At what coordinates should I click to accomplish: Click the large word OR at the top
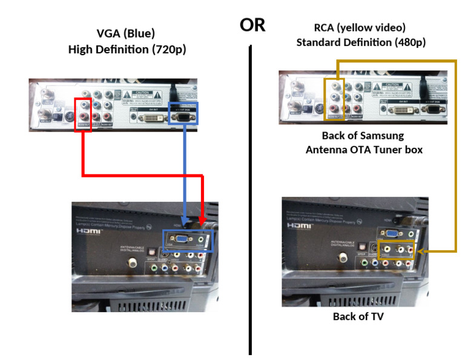(252, 25)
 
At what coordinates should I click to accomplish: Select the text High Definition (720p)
(127, 49)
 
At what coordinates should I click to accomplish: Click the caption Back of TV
(358, 316)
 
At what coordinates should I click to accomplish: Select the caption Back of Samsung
(363, 135)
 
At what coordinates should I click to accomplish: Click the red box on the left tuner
(82, 114)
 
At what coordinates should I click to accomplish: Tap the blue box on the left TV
(188, 241)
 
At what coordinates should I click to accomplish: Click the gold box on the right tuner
(334, 96)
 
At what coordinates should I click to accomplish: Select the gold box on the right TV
(395, 248)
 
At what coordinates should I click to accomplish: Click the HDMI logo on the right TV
(300, 225)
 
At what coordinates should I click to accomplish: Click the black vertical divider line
(250, 200)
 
